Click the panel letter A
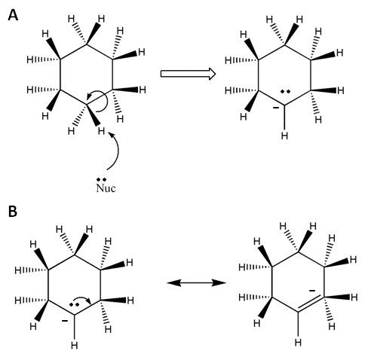[x=13, y=15]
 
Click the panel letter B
[x=13, y=211]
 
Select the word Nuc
[x=106, y=188]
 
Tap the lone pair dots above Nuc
[x=102, y=179]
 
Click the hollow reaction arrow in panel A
[x=188, y=74]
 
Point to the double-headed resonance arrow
[x=196, y=283]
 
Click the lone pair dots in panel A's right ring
[x=285, y=92]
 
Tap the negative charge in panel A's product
[x=276, y=108]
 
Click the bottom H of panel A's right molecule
[x=284, y=136]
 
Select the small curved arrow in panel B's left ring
[x=82, y=299]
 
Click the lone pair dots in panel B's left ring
[x=74, y=304]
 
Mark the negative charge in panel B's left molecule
[x=65, y=321]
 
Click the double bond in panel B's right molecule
[x=311, y=303]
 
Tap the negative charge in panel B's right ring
[x=312, y=291]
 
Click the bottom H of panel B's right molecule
[x=298, y=342]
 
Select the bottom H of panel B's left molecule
[x=74, y=346]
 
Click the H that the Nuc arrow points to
[x=101, y=130]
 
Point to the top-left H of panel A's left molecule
[x=45, y=34]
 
